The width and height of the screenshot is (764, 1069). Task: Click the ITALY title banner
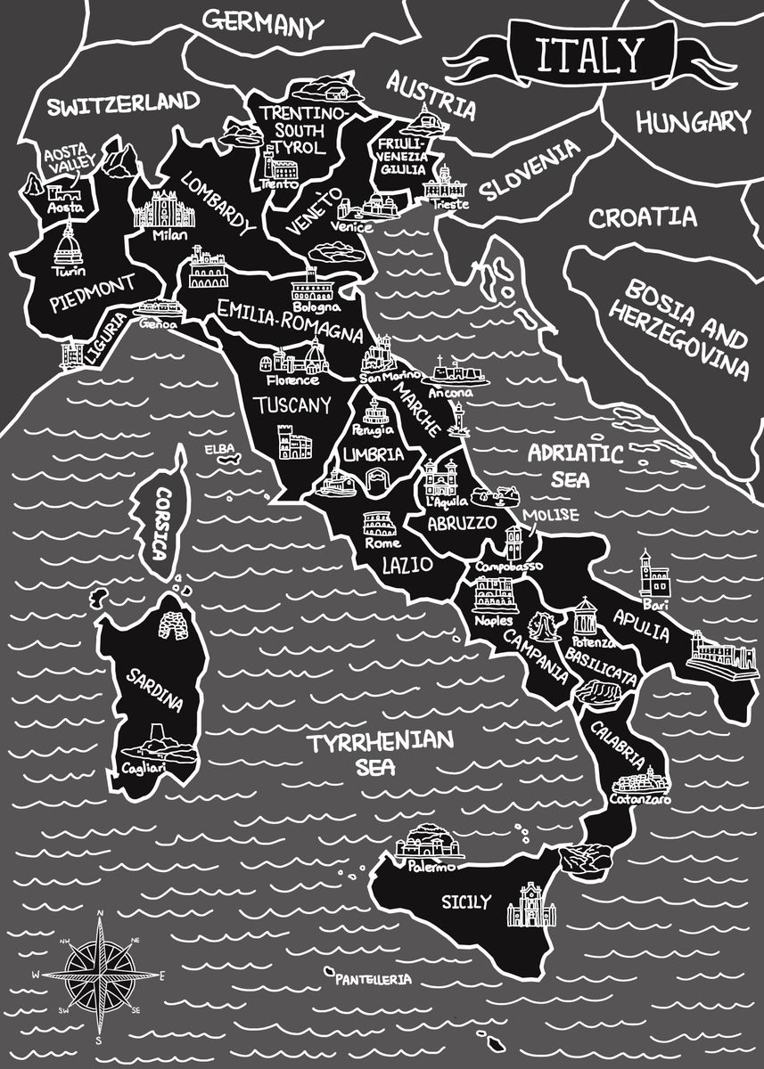(x=588, y=55)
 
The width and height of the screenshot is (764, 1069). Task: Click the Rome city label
(x=382, y=543)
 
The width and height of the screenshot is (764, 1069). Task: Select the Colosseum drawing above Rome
(x=373, y=524)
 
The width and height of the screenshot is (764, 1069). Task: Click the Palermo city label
(x=431, y=866)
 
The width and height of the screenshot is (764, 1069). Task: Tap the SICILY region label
(x=465, y=902)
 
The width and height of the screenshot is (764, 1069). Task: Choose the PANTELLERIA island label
(x=374, y=979)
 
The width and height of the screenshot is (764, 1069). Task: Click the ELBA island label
(x=217, y=449)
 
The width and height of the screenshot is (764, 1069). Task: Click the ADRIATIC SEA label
(x=573, y=464)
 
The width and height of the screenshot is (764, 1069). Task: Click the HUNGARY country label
(x=693, y=121)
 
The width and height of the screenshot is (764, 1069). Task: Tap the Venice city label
(x=349, y=226)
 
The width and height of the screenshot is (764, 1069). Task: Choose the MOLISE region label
(x=551, y=516)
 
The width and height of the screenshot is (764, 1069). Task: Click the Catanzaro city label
(x=639, y=799)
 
